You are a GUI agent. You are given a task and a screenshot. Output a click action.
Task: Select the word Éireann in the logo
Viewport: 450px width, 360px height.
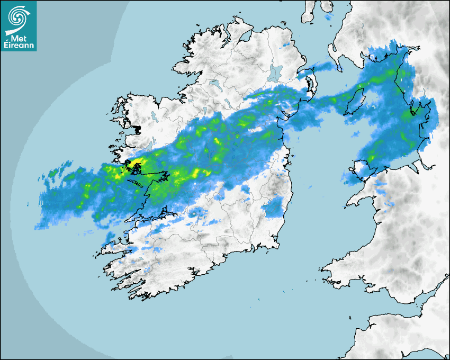click(19, 46)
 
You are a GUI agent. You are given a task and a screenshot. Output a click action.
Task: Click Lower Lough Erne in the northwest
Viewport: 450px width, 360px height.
click(215, 84)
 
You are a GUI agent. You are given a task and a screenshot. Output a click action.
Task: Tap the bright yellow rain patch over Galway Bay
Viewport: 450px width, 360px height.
click(136, 163)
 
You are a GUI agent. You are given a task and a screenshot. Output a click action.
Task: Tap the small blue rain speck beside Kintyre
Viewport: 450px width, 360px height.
click(328, 16)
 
